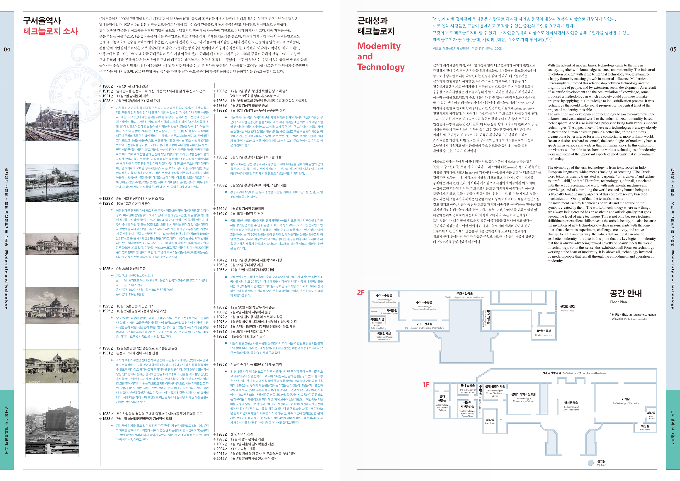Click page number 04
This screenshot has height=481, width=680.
7,49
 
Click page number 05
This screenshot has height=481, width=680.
673,49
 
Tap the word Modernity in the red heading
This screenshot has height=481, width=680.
379,46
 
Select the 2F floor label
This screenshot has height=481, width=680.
361,293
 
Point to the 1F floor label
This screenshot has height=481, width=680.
426,385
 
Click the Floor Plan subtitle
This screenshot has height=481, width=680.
618,302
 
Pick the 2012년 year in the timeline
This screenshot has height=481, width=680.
222,459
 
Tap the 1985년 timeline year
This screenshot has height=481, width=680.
222,364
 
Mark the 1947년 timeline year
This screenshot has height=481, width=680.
222,260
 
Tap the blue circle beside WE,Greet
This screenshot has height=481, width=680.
590,463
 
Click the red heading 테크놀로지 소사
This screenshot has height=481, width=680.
51,32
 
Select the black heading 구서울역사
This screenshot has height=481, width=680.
42,20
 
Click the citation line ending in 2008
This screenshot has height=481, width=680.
467,49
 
